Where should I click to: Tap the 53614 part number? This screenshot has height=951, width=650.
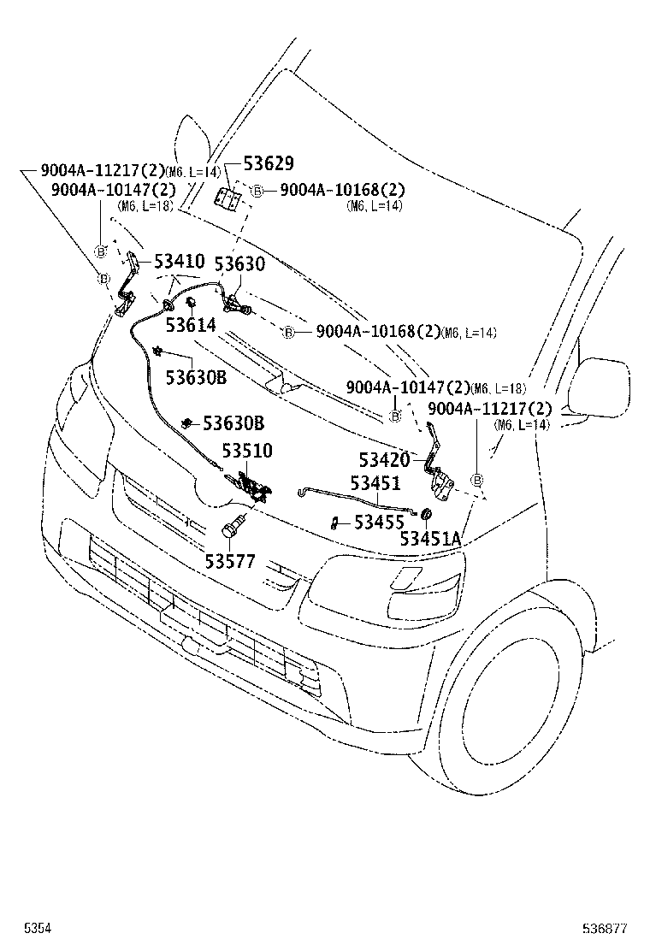(191, 325)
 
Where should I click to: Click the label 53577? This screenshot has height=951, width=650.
(230, 561)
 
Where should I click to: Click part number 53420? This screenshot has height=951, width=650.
(385, 461)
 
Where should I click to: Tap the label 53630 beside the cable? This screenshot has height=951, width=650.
(239, 265)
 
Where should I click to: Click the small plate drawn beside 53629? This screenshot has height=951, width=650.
(227, 198)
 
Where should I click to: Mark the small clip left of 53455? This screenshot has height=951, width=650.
(335, 521)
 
